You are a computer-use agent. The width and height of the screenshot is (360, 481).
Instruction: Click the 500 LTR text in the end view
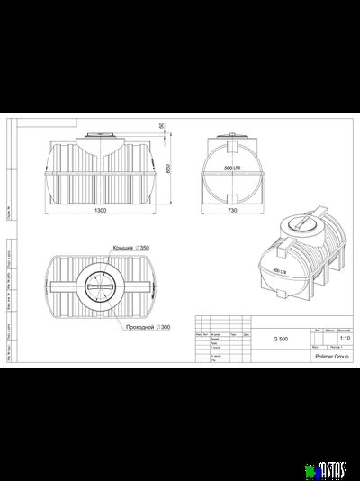231,168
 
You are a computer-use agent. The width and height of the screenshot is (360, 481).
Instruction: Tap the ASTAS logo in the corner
334,468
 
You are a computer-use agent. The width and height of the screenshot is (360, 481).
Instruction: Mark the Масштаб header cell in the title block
344,331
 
